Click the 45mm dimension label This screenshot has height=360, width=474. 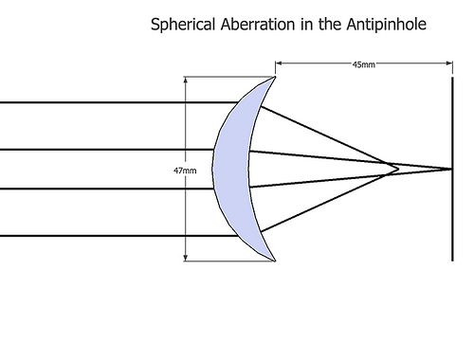(361, 64)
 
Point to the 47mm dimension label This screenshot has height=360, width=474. (185, 171)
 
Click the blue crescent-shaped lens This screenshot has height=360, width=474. (231, 171)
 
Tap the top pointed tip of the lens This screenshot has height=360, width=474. (275, 78)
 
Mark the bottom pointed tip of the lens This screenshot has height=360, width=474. (275, 261)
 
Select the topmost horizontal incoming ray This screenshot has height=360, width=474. (114, 102)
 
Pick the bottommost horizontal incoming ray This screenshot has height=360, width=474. (114, 235)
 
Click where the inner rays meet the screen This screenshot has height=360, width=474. (450, 170)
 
